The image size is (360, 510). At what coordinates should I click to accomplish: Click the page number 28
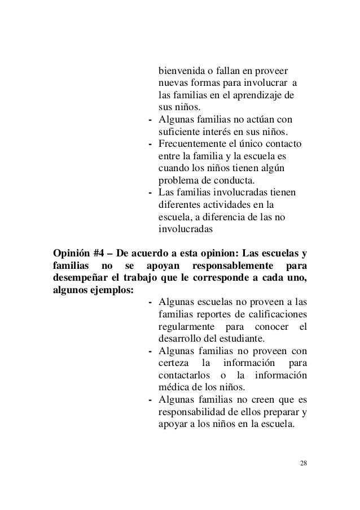coord(304,464)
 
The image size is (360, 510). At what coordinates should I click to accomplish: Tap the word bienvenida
coord(180,72)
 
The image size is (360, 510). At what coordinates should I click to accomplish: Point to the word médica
coord(173,388)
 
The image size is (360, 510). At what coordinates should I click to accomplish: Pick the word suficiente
coord(179,132)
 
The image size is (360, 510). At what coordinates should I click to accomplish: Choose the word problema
coord(178,181)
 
